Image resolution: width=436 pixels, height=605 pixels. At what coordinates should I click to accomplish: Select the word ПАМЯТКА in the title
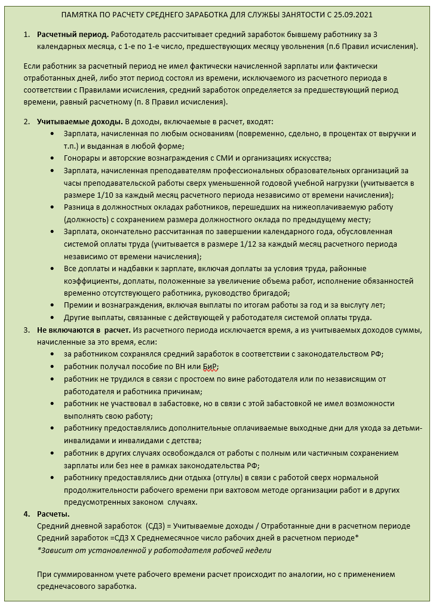tap(82, 15)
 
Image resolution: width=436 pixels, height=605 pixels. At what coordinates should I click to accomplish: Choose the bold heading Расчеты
tap(53, 514)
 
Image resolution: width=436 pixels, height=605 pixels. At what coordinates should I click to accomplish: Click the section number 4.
tap(26, 514)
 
